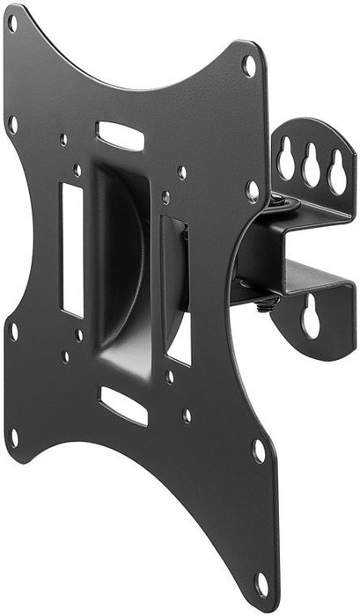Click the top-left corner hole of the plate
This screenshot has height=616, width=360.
12,24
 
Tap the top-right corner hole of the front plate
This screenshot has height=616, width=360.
249,65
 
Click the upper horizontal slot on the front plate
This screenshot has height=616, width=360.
120,136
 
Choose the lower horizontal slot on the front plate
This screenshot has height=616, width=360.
122,404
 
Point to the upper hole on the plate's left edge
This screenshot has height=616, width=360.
12,123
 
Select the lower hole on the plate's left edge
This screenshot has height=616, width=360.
13,332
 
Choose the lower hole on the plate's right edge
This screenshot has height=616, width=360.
259,450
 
